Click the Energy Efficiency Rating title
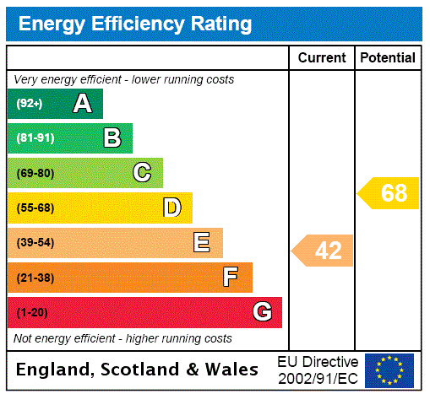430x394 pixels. [x=135, y=24]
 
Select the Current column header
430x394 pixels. [x=322, y=58]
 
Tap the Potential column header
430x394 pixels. [x=388, y=58]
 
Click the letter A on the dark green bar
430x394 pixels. [x=82, y=104]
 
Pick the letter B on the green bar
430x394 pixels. [x=112, y=138]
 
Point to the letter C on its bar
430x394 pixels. [x=142, y=173]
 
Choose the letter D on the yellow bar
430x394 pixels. [x=171, y=208]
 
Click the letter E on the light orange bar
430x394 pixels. [x=202, y=243]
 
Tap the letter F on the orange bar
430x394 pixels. [x=231, y=277]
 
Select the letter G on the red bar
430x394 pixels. [x=262, y=312]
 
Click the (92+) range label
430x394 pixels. [x=30, y=104]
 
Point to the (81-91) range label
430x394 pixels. [x=35, y=138]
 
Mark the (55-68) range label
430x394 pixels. [x=35, y=208]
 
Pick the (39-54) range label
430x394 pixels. [x=35, y=243]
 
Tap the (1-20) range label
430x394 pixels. [x=32, y=312]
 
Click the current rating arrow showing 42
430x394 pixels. [x=324, y=251]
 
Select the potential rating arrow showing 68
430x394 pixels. [x=389, y=193]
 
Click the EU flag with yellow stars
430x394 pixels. [x=389, y=370]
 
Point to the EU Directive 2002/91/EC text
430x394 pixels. [x=318, y=370]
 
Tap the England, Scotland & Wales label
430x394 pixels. [x=138, y=370]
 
